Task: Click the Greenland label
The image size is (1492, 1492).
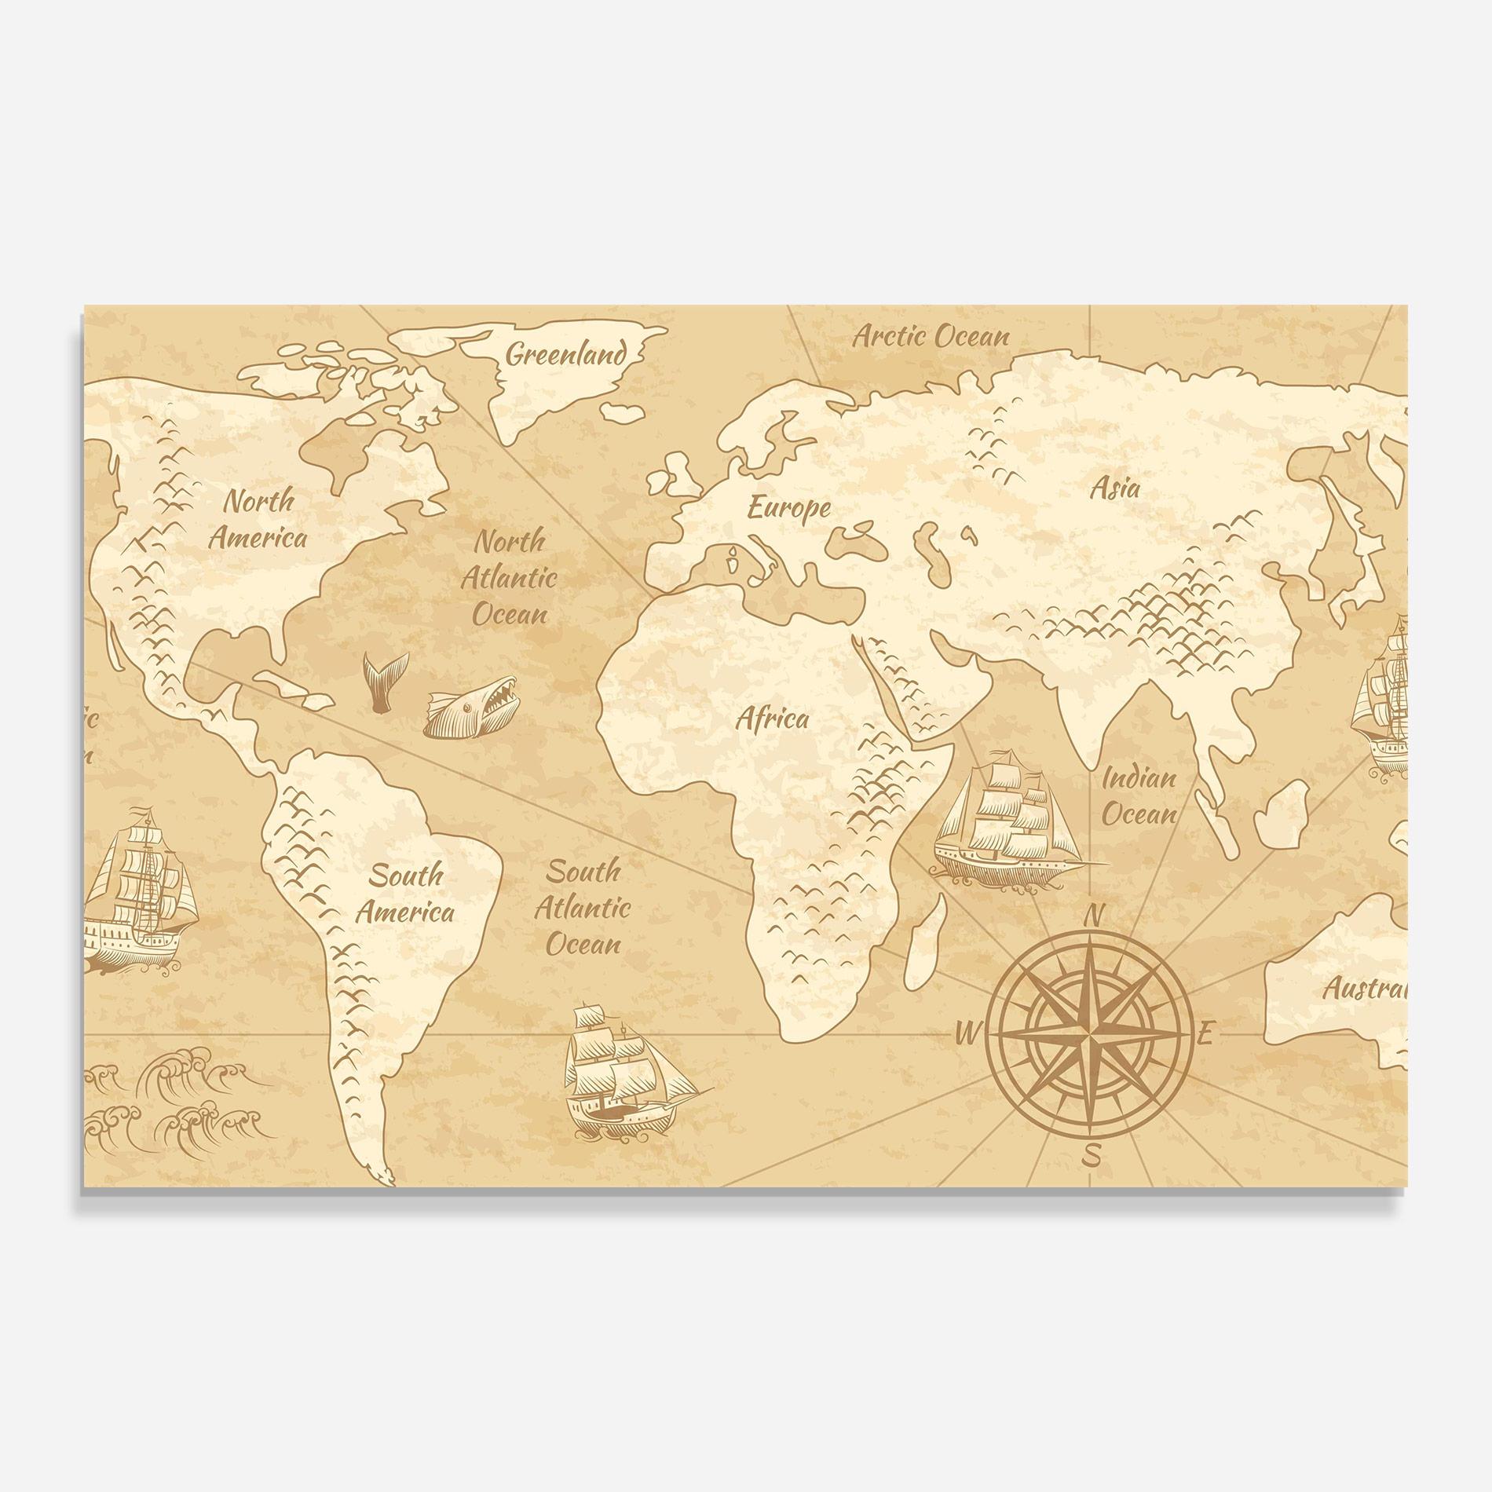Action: point(566,354)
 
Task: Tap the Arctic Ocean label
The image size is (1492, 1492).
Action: point(931,337)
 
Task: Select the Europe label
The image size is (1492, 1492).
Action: point(788,508)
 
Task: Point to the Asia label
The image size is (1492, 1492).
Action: point(1114,488)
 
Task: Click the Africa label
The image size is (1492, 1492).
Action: point(771,719)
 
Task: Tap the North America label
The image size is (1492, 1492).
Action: point(258,519)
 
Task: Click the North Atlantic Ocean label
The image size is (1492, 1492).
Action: point(509,577)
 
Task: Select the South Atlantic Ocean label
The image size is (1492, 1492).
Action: point(582,908)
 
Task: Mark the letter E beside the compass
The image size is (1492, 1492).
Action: point(1207,1035)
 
